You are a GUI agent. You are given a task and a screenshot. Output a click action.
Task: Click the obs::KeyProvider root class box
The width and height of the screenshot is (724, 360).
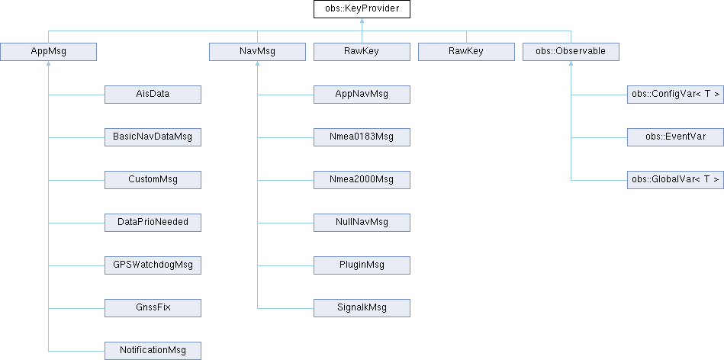[x=362, y=9]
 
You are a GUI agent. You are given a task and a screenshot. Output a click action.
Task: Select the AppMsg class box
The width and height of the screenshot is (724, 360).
[x=49, y=52]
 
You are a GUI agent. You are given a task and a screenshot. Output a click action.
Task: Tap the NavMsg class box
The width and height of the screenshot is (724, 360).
[x=257, y=52]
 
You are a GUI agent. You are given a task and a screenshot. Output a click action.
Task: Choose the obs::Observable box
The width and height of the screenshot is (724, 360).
[x=571, y=52]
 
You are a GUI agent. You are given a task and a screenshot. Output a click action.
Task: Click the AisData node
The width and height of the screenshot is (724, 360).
[x=153, y=95]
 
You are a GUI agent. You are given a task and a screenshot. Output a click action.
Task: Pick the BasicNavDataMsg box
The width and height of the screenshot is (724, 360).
[x=153, y=137]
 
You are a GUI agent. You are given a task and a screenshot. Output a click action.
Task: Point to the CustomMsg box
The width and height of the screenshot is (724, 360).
[x=153, y=180]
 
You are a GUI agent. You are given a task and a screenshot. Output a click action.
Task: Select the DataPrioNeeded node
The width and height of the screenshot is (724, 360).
[x=153, y=223]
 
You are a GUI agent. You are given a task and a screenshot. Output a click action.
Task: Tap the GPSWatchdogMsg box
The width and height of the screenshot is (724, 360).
[x=153, y=265]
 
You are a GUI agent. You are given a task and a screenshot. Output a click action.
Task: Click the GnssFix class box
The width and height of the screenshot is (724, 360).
[x=153, y=308]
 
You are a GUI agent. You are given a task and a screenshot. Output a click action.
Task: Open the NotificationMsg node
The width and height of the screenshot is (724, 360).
[x=153, y=351]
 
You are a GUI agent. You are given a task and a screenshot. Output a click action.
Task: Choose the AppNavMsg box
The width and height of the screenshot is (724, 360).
[x=362, y=95]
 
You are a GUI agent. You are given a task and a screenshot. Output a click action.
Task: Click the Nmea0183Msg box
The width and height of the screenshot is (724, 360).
[x=362, y=137]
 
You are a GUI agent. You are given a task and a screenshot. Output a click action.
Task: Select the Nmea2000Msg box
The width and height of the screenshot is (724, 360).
[x=362, y=180]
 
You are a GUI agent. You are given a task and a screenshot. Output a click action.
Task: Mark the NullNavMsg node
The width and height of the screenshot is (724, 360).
[x=362, y=223]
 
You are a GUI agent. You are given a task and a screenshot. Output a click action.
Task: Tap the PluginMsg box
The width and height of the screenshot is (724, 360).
[x=362, y=265]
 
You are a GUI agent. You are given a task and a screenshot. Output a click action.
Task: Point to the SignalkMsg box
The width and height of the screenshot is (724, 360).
[x=362, y=308]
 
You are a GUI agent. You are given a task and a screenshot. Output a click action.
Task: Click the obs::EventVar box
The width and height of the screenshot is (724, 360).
[x=675, y=137]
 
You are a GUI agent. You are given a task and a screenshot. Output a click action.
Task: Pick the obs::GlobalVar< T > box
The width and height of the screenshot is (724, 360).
[x=675, y=180]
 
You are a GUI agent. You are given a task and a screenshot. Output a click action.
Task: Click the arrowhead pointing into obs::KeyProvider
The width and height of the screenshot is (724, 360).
[x=362, y=21]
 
